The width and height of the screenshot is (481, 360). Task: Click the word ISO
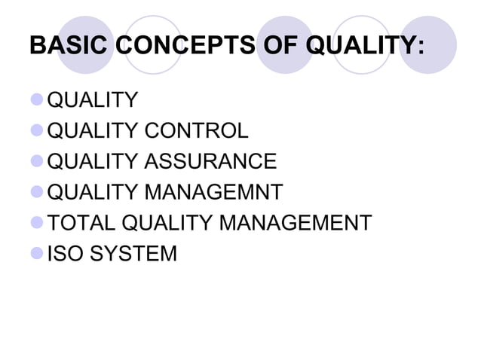65,254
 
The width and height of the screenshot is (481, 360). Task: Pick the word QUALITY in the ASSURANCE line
92,162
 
